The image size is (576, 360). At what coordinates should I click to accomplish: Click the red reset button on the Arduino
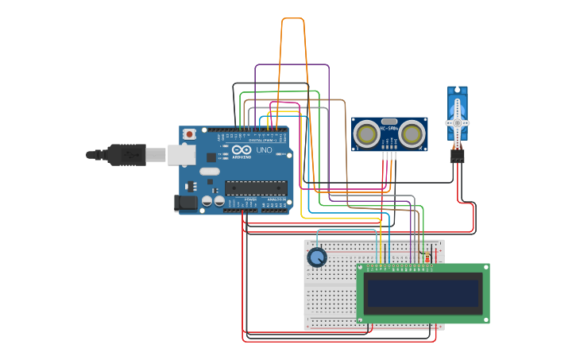(189, 134)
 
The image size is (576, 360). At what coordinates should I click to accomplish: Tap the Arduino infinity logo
(242, 150)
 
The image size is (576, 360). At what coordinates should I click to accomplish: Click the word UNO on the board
(264, 150)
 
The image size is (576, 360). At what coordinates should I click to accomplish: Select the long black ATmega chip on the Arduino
(255, 188)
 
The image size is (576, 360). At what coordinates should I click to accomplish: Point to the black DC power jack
(186, 203)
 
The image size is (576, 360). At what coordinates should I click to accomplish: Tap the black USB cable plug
(126, 154)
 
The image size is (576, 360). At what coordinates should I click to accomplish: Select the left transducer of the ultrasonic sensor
(366, 134)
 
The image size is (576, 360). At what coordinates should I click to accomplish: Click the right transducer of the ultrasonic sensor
(412, 134)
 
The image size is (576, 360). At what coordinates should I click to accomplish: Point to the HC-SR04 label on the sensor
(389, 129)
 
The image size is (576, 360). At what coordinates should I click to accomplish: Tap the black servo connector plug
(457, 157)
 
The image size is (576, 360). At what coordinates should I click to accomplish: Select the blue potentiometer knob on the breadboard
(317, 257)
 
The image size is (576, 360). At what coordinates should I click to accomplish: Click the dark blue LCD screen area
(423, 293)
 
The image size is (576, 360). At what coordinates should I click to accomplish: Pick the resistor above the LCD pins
(427, 257)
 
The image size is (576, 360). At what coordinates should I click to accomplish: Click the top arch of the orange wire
(292, 18)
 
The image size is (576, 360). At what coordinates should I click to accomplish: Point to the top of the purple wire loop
(292, 65)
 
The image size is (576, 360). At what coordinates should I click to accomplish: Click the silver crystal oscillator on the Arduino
(209, 171)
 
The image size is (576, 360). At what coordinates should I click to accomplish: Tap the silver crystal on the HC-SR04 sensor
(389, 122)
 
